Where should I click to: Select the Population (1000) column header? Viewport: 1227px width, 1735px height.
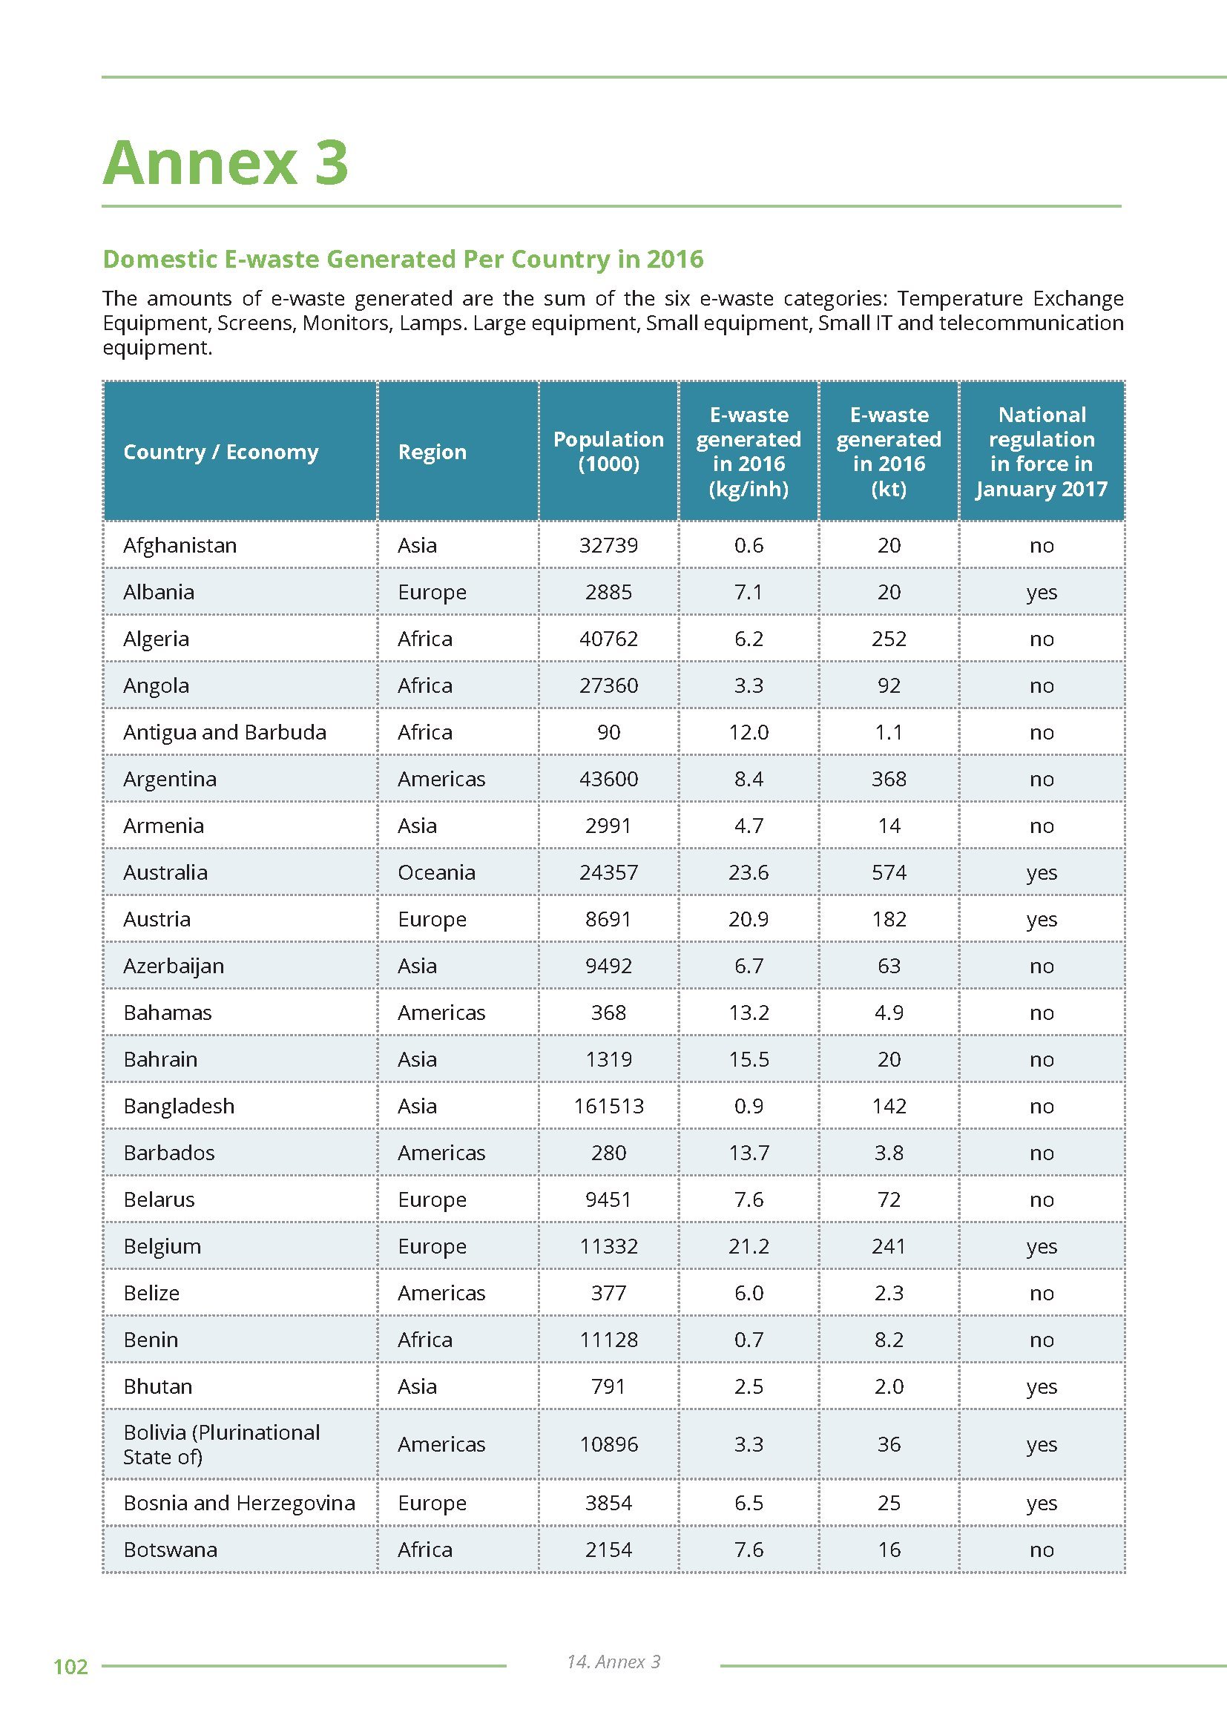(608, 451)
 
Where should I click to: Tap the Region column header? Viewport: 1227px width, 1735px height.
(432, 452)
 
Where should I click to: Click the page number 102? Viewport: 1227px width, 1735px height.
(70, 1666)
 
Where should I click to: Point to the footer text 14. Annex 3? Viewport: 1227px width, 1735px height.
(613, 1661)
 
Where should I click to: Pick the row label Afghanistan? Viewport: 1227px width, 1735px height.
(180, 545)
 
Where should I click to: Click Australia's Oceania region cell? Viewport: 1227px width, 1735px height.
(436, 872)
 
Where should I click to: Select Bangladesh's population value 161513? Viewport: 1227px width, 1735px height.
(608, 1105)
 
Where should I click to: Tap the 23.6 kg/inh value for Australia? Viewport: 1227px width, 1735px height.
(748, 872)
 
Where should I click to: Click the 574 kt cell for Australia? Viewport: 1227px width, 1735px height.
(889, 872)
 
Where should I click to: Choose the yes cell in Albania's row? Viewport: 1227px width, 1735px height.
(1041, 592)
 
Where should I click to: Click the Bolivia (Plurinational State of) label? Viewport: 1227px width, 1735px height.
(221, 1444)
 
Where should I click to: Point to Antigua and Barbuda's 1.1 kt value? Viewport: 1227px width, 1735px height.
(889, 732)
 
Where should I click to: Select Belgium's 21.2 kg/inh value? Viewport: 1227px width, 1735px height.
(748, 1246)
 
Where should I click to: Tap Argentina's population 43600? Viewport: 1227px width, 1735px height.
(608, 779)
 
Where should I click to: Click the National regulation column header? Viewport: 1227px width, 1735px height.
(1041, 451)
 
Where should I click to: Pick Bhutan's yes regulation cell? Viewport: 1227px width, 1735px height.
(1041, 1386)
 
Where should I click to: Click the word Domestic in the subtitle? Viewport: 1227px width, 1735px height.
(159, 259)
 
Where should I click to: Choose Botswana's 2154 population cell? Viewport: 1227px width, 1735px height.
(608, 1549)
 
